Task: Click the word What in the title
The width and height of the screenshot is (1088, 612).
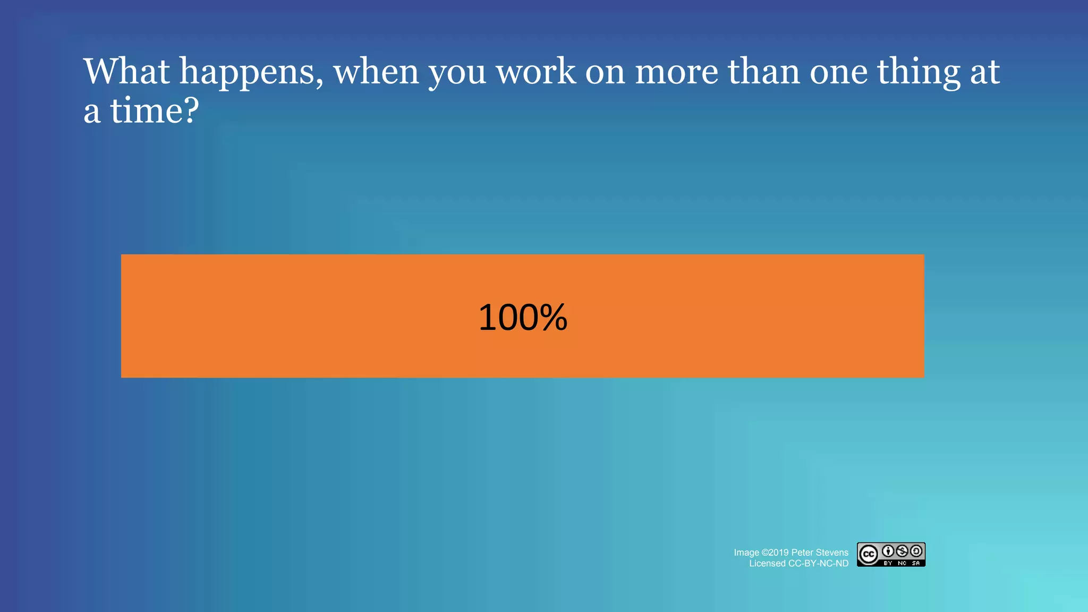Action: [126, 71]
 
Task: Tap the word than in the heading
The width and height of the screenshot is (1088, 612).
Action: [764, 71]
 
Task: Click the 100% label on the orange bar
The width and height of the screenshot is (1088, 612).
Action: [523, 318]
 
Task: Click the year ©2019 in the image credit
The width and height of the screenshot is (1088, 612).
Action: [775, 552]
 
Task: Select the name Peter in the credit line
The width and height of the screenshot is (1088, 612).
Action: [802, 552]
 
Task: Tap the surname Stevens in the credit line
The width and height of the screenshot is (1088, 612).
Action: [832, 552]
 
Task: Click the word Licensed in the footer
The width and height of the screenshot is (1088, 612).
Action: [767, 564]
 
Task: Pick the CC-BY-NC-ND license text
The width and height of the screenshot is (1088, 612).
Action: [818, 564]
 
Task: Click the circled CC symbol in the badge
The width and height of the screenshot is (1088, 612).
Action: [869, 555]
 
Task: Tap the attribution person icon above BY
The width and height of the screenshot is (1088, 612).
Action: [888, 551]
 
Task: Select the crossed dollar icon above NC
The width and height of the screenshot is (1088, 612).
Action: [902, 551]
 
